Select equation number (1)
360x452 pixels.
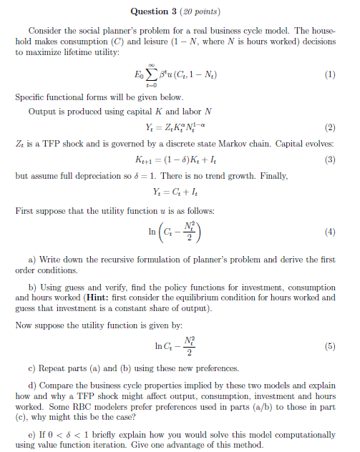pos(329,74)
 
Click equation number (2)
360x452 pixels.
pos(329,129)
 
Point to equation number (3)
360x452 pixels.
pos(329,159)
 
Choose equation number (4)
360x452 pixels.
pos(329,232)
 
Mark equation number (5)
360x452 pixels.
pos(329,347)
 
